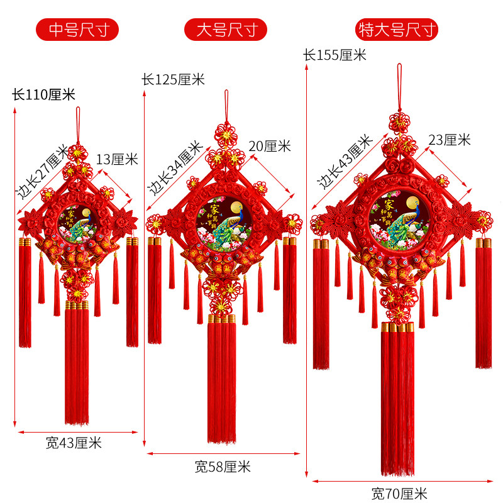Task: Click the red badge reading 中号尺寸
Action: (77, 29)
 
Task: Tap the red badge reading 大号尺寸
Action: (225, 29)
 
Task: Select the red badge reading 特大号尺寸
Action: (397, 29)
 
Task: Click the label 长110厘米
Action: (43, 95)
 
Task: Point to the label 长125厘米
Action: (173, 80)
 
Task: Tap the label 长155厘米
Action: (334, 55)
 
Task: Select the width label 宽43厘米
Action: (74, 443)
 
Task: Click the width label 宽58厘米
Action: (223, 467)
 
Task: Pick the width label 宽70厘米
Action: (399, 494)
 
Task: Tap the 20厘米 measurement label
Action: (269, 146)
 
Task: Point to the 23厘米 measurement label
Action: (449, 140)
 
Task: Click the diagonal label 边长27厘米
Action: (42, 172)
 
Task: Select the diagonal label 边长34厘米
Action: (175, 167)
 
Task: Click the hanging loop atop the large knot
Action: (226, 104)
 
